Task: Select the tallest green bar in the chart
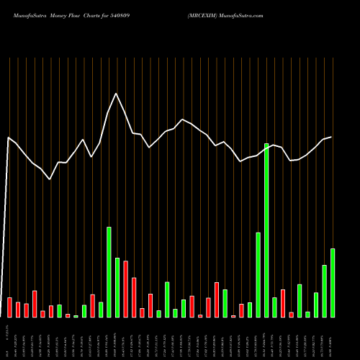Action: (x=266, y=230)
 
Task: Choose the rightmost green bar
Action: (x=333, y=283)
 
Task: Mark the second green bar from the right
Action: (x=324, y=292)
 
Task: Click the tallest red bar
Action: (x=125, y=289)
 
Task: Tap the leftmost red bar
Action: (x=9, y=307)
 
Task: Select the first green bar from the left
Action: (x=59, y=311)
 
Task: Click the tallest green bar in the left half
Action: (x=109, y=272)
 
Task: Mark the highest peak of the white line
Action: (x=116, y=93)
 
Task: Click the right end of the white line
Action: (x=331, y=137)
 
